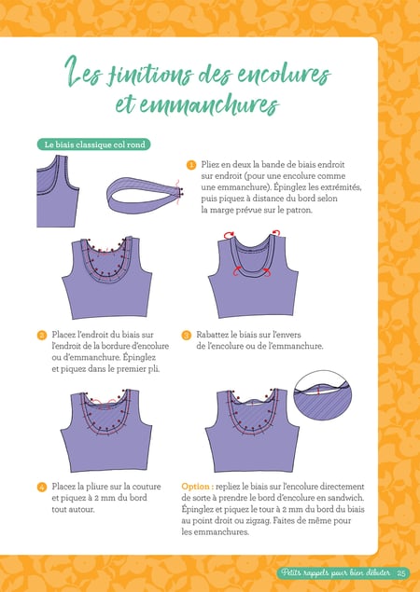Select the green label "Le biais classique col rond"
(x=93, y=145)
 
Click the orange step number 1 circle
(x=191, y=165)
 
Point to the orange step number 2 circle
(x=42, y=335)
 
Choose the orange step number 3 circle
(x=187, y=335)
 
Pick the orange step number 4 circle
(x=42, y=487)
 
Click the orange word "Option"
(x=195, y=487)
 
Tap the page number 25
(x=401, y=573)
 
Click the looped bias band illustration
(x=144, y=195)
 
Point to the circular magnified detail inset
(x=322, y=395)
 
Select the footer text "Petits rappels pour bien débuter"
(x=336, y=573)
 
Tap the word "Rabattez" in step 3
(x=212, y=335)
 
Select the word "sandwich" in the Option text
(x=346, y=498)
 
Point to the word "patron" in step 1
(x=300, y=211)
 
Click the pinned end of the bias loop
(x=179, y=191)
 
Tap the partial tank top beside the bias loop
(x=58, y=191)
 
